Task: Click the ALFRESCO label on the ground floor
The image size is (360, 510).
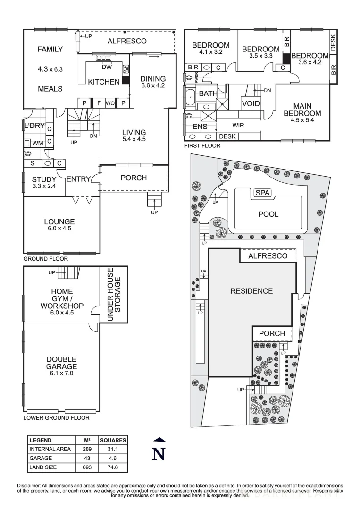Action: pos(127,41)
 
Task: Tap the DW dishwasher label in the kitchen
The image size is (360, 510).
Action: pos(106,67)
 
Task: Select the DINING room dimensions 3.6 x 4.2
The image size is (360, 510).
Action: pos(153,86)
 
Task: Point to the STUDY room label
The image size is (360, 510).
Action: pos(44,179)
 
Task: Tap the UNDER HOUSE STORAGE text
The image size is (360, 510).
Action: pos(114,295)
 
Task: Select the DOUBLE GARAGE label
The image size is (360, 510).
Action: pos(61,363)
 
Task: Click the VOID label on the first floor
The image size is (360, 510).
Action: pos(250,103)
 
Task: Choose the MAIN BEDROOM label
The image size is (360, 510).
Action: pos(302,110)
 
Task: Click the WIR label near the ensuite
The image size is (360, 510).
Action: pos(237,126)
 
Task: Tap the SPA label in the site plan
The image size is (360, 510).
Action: pos(260,193)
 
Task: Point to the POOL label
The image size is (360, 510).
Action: pos(268,214)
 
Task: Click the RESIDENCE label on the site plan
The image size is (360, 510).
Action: pos(251,291)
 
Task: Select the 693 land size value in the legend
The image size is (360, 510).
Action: pos(86,467)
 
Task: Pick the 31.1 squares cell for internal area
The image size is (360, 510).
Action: pos(113,449)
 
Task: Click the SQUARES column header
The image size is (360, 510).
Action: pos(113,440)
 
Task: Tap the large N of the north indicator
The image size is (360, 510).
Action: pos(159,453)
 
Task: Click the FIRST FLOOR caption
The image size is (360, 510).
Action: pos(202,146)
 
